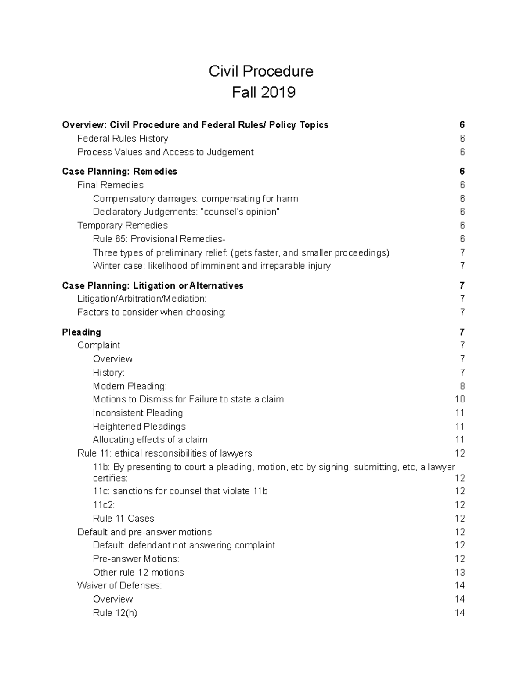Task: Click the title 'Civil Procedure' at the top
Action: [x=261, y=71]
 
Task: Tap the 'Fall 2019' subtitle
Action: [x=263, y=92]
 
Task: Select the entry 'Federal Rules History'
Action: [x=123, y=139]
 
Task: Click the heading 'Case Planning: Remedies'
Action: [x=119, y=172]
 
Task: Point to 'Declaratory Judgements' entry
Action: [x=186, y=212]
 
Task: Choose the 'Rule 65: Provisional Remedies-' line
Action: [x=159, y=239]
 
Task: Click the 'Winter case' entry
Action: [x=211, y=266]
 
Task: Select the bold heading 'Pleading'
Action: [x=81, y=332]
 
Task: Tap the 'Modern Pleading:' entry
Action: [x=130, y=386]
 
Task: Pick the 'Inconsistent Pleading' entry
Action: [x=137, y=413]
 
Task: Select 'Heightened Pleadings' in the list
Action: [x=139, y=427]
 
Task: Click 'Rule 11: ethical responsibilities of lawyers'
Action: [x=164, y=453]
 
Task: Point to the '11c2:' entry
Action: [x=104, y=505]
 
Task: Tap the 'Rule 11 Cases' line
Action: [x=123, y=519]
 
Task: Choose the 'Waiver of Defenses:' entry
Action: [x=119, y=586]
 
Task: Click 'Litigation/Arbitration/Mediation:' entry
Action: [x=141, y=299]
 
